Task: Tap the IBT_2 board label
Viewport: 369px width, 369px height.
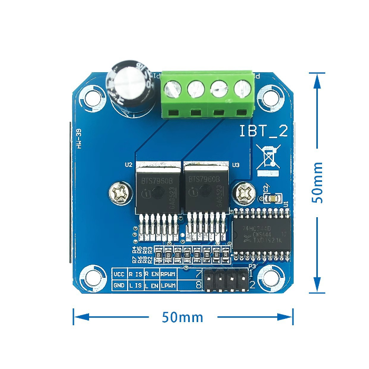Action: click(264, 131)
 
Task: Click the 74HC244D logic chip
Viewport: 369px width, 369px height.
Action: click(261, 235)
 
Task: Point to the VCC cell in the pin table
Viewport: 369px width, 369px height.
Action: click(119, 274)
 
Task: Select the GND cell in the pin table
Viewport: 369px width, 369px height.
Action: click(119, 285)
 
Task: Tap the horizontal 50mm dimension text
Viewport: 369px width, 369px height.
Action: click(182, 317)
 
